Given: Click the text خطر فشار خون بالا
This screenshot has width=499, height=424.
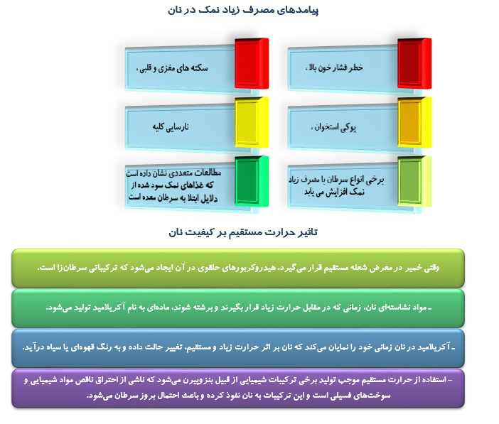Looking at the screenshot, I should (x=335, y=67).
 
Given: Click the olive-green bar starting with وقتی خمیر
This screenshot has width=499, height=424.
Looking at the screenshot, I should (x=238, y=267).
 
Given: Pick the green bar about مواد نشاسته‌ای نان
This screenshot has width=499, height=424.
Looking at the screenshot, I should (x=238, y=308).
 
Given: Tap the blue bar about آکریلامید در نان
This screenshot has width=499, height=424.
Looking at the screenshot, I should (x=238, y=347).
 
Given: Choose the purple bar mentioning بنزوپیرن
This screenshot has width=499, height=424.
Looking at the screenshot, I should (x=238, y=388).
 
